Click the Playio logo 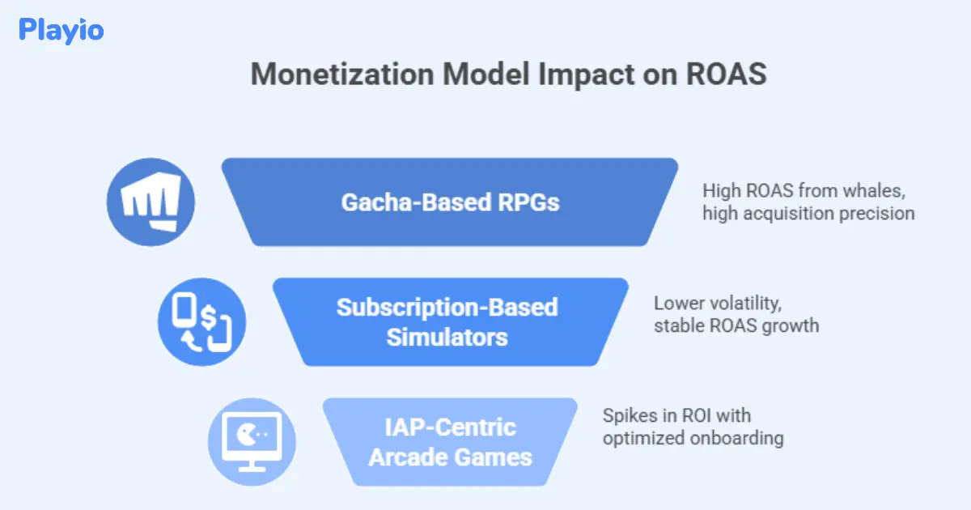[61, 31]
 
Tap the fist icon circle [151, 202]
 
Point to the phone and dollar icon [201, 323]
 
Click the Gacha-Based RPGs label [450, 202]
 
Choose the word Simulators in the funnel [447, 336]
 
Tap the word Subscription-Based [447, 308]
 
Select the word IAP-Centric [450, 427]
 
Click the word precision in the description [881, 214]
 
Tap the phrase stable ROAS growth [736, 325]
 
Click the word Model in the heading [471, 75]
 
